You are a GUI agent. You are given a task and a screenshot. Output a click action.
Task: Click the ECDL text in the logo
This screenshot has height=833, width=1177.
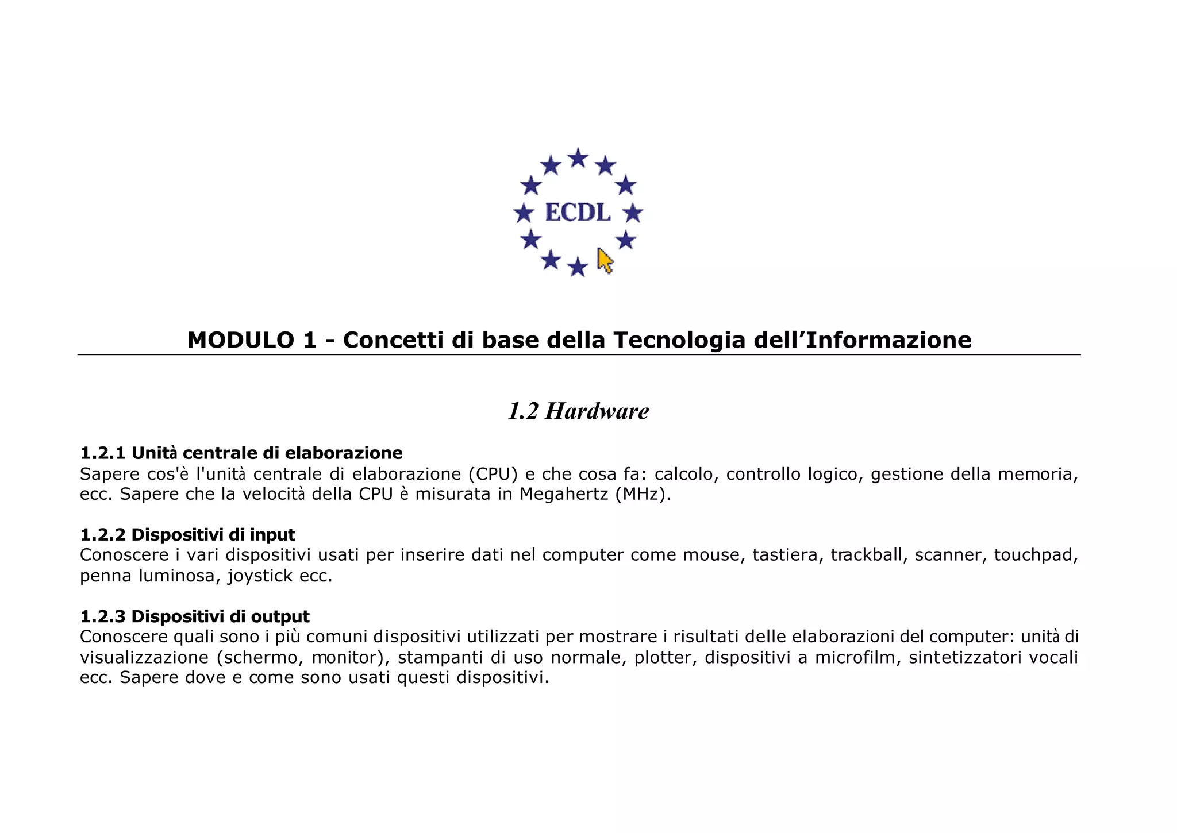click(578, 213)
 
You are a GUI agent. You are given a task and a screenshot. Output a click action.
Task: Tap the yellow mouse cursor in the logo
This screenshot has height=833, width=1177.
click(605, 261)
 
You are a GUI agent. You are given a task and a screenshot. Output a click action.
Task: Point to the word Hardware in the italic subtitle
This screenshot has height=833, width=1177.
click(597, 411)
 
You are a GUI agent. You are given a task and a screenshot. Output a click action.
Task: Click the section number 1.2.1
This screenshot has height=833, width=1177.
click(102, 453)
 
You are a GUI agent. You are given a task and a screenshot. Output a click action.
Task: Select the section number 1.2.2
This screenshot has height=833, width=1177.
click(102, 535)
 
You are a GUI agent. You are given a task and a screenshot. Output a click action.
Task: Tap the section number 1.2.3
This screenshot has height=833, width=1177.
click(102, 616)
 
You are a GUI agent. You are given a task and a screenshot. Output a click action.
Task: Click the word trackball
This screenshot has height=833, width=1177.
click(866, 555)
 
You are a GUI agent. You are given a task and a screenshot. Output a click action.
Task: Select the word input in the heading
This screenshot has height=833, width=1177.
click(272, 535)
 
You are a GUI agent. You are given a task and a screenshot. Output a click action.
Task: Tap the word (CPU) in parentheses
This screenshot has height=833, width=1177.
click(493, 474)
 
